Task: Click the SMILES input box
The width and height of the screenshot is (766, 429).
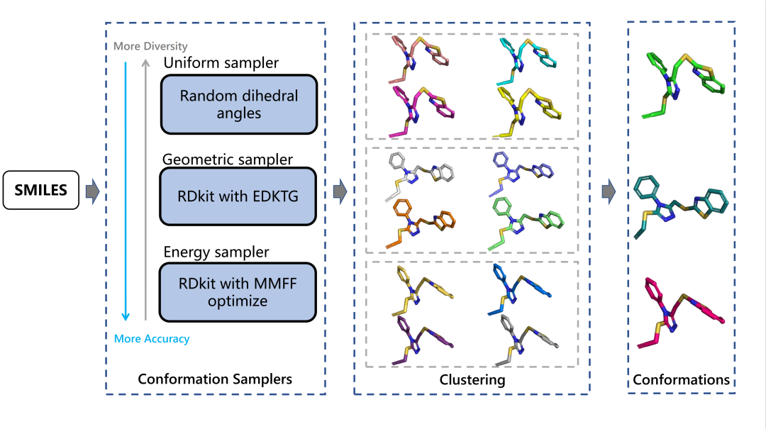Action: [x=40, y=189]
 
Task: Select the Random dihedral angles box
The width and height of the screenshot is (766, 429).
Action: [x=238, y=104]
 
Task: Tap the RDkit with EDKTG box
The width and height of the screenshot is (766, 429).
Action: [x=238, y=196]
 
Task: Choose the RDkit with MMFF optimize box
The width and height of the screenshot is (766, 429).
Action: [x=238, y=291]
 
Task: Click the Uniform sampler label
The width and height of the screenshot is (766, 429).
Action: [x=221, y=63]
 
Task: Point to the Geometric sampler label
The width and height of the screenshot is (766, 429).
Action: [x=228, y=160]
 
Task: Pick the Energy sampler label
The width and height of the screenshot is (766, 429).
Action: [x=216, y=252]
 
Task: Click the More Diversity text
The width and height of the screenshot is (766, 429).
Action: [x=150, y=47]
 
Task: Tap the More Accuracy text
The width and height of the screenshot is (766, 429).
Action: [x=152, y=339]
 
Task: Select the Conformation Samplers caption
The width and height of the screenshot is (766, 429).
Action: [x=214, y=379]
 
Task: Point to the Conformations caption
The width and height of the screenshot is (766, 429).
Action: [x=681, y=380]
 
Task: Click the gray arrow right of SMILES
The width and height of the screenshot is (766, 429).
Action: [x=91, y=190]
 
